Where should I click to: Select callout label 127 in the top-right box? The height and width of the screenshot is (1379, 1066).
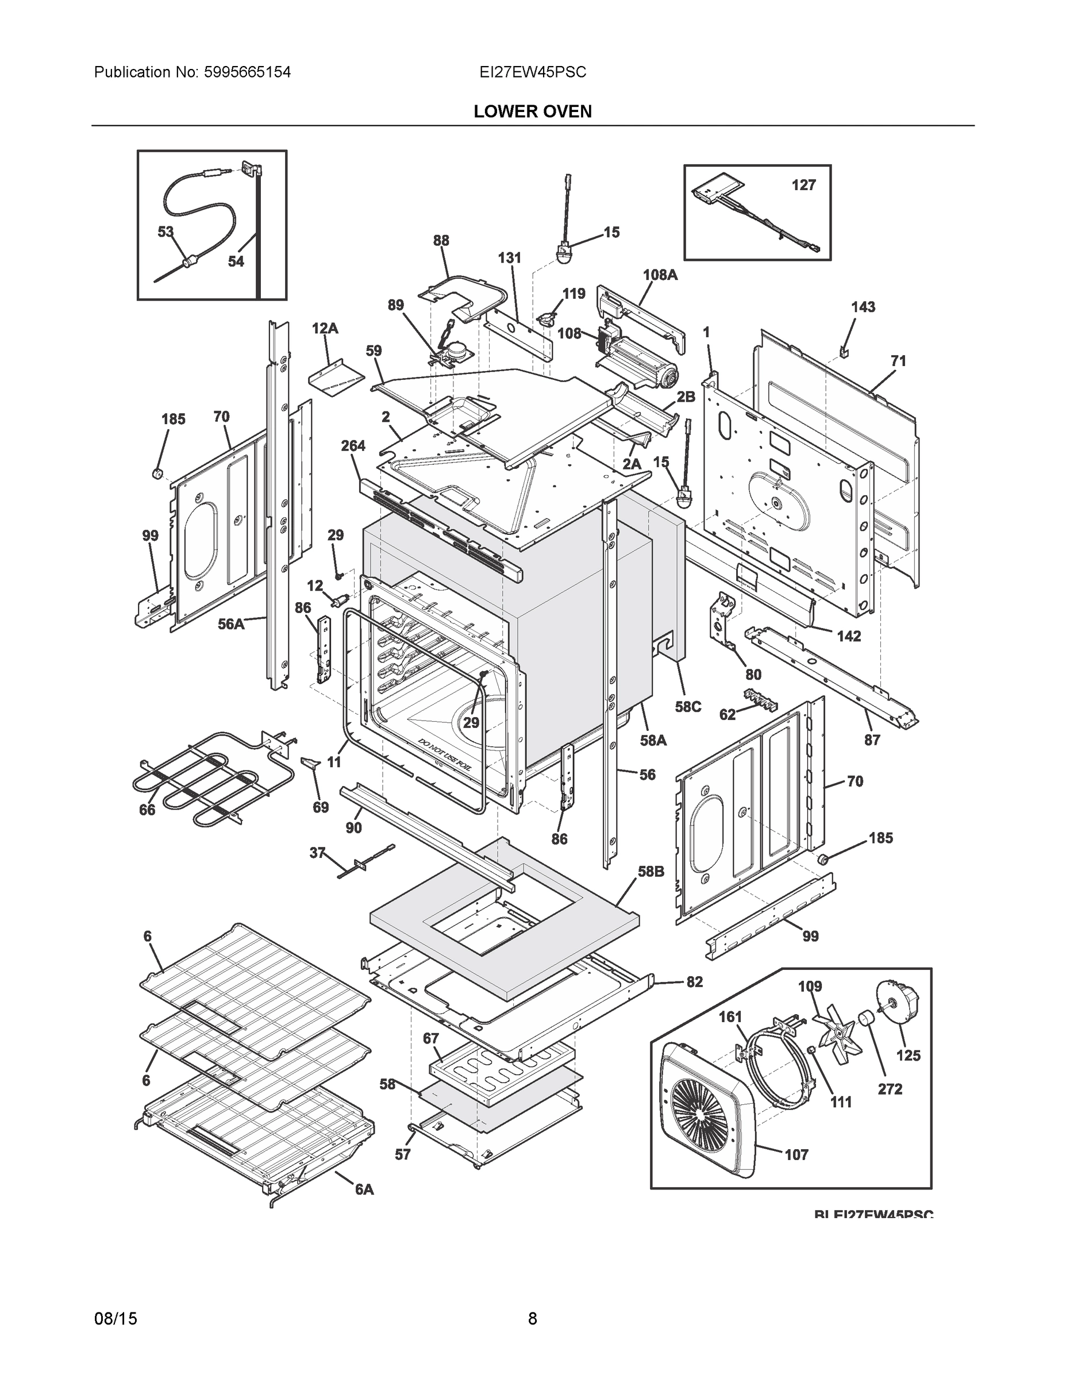[x=803, y=185]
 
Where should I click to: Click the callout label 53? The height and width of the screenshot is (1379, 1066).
[x=166, y=232]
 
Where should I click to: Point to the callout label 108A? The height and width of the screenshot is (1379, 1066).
[x=660, y=275]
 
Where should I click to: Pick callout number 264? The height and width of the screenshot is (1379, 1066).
[x=353, y=446]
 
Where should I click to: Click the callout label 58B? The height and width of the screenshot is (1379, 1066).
[x=651, y=871]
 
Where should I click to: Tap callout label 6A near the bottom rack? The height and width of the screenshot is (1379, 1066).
[x=364, y=1189]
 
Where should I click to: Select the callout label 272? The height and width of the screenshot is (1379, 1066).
[x=890, y=1089]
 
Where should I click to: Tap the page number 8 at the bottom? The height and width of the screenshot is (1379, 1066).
[x=532, y=1319]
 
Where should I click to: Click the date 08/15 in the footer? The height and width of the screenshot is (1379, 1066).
[x=116, y=1319]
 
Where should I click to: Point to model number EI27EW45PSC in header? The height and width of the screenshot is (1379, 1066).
[x=532, y=72]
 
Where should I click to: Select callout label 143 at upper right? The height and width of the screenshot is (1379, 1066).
[x=863, y=307]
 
